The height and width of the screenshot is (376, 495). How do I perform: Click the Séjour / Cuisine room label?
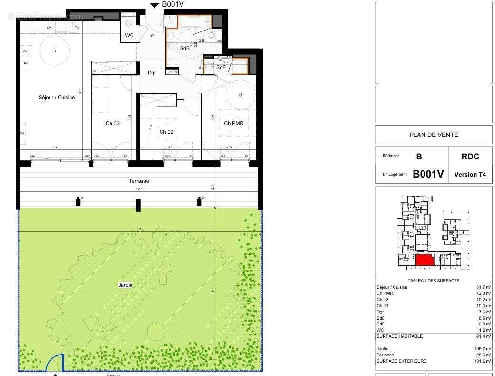pyautogui.click(x=57, y=98)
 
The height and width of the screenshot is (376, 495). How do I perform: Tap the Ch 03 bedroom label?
pyautogui.click(x=112, y=123)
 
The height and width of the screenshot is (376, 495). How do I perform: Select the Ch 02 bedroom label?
pyautogui.click(x=166, y=132)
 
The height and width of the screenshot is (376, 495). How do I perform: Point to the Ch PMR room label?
pyautogui.click(x=233, y=123)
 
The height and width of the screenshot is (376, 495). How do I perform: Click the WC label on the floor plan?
pyautogui.click(x=129, y=36)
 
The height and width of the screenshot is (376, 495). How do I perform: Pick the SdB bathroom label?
pyautogui.click(x=184, y=48)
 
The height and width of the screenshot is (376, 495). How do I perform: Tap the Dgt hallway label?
pyautogui.click(x=152, y=73)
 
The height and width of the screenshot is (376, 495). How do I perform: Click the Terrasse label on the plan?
pyautogui.click(x=139, y=181)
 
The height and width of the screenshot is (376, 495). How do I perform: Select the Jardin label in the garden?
pyautogui.click(x=125, y=285)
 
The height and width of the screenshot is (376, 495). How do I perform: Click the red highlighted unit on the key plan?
pyautogui.click(x=424, y=260)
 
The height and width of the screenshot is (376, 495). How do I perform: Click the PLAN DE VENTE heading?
pyautogui.click(x=434, y=135)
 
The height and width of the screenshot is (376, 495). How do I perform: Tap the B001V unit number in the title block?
pyautogui.click(x=428, y=174)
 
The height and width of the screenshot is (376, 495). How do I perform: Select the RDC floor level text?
pyautogui.click(x=470, y=157)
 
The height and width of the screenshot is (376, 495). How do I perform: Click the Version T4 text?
pyautogui.click(x=470, y=174)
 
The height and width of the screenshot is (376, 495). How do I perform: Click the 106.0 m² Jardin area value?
pyautogui.click(x=482, y=349)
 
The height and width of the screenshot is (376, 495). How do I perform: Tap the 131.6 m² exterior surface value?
pyautogui.click(x=482, y=361)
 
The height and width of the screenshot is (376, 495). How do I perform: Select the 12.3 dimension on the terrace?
pyautogui.click(x=139, y=189)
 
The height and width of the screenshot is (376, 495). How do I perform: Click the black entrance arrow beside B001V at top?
pyautogui.click(x=155, y=5)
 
